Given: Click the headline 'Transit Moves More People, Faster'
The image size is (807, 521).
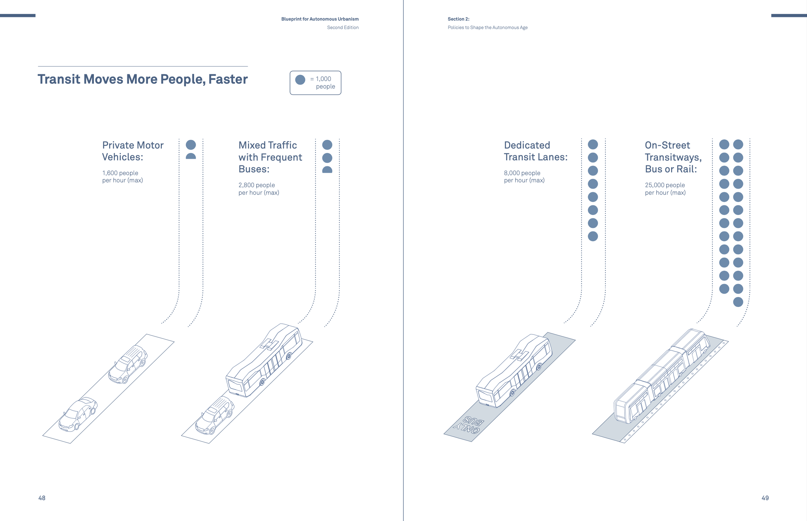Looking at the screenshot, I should click(x=142, y=79).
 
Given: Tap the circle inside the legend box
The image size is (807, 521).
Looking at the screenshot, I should click(x=300, y=80).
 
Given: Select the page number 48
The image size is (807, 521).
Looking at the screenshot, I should click(x=42, y=498).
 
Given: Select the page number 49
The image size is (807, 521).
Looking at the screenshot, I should click(x=765, y=498).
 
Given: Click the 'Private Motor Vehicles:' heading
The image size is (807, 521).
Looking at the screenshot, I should click(x=133, y=151).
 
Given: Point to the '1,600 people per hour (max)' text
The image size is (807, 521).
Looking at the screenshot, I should click(x=122, y=177).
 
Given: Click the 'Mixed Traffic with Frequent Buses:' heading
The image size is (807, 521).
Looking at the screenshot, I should click(x=270, y=157).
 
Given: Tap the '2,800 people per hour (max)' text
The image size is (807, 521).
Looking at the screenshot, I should click(x=259, y=189).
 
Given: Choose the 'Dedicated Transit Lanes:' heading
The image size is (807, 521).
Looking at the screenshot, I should click(x=536, y=151).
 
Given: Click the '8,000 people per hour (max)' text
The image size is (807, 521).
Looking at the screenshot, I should click(x=524, y=177).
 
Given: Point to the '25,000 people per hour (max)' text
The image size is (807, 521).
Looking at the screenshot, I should click(x=665, y=189).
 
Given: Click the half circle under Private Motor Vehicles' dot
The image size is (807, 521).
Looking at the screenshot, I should click(x=191, y=156).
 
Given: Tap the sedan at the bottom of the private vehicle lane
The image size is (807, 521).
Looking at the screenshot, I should click(x=78, y=414).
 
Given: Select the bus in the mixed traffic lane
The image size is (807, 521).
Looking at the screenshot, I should click(x=264, y=360).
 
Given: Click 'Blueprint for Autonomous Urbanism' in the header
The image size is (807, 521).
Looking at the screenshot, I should click(x=320, y=19).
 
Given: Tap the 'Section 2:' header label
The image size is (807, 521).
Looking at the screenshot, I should click(x=458, y=19).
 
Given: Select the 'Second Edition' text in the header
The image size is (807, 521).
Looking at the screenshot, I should click(x=342, y=27).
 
